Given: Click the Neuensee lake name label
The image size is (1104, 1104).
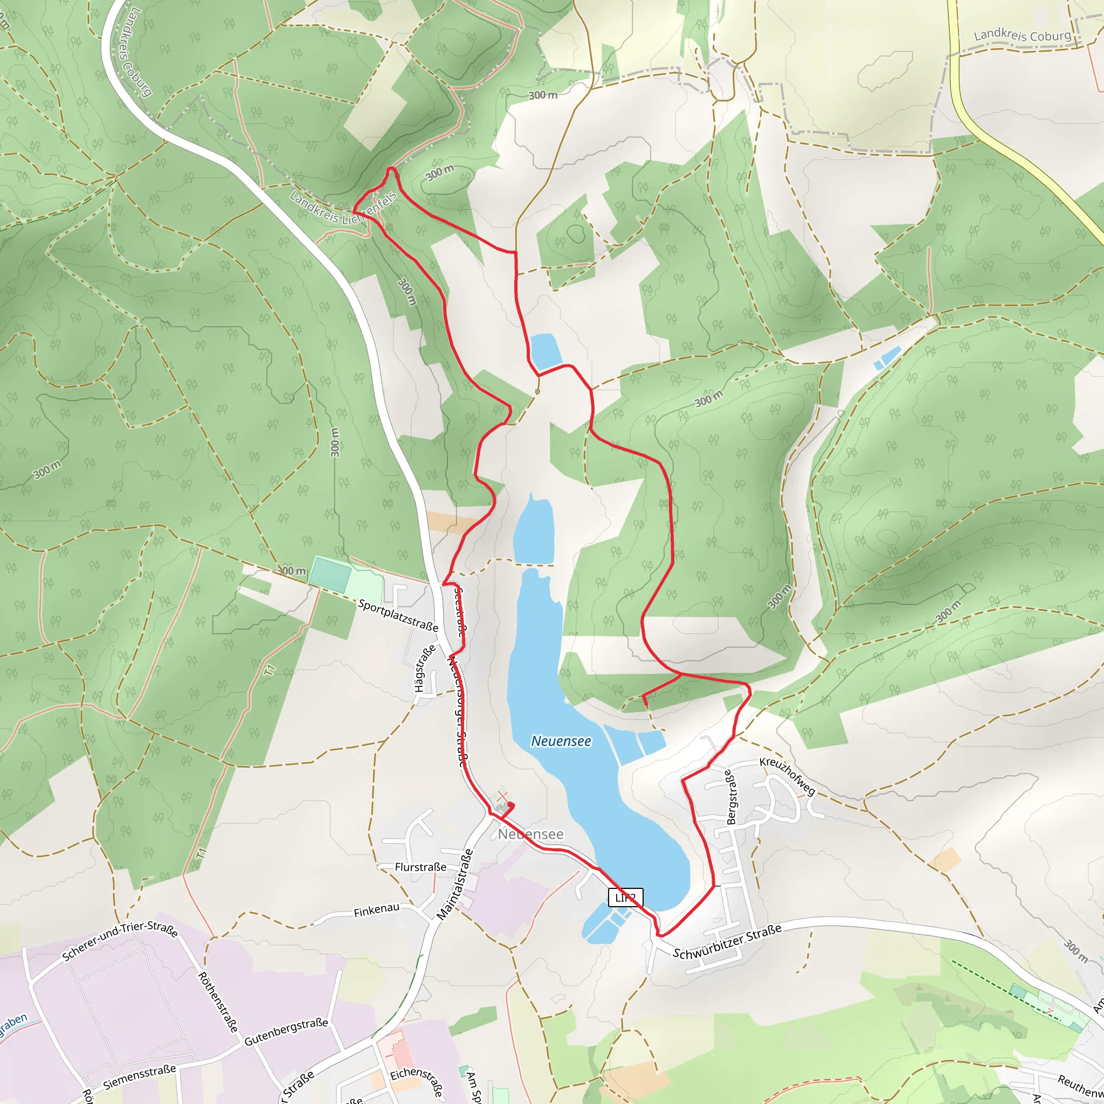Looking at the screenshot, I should point(561,741).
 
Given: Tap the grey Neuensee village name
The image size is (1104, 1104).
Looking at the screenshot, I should point(530,834).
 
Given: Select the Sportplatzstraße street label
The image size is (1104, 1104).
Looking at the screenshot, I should point(398,616).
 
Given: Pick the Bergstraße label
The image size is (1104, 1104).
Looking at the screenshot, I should point(731,797).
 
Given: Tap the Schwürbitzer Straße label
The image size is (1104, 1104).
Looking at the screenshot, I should point(727,942).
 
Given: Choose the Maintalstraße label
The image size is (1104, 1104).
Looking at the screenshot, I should point(455,885).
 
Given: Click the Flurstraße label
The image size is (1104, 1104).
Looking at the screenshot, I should point(420,867).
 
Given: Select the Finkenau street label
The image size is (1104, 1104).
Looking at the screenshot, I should point(376,911).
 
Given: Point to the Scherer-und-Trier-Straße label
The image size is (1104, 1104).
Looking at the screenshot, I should point(120,941).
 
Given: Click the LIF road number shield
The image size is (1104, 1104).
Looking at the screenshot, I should point(626,898).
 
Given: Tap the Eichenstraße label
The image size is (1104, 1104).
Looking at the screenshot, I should point(417,1082).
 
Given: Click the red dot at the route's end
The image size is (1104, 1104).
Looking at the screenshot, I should point(511,805).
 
